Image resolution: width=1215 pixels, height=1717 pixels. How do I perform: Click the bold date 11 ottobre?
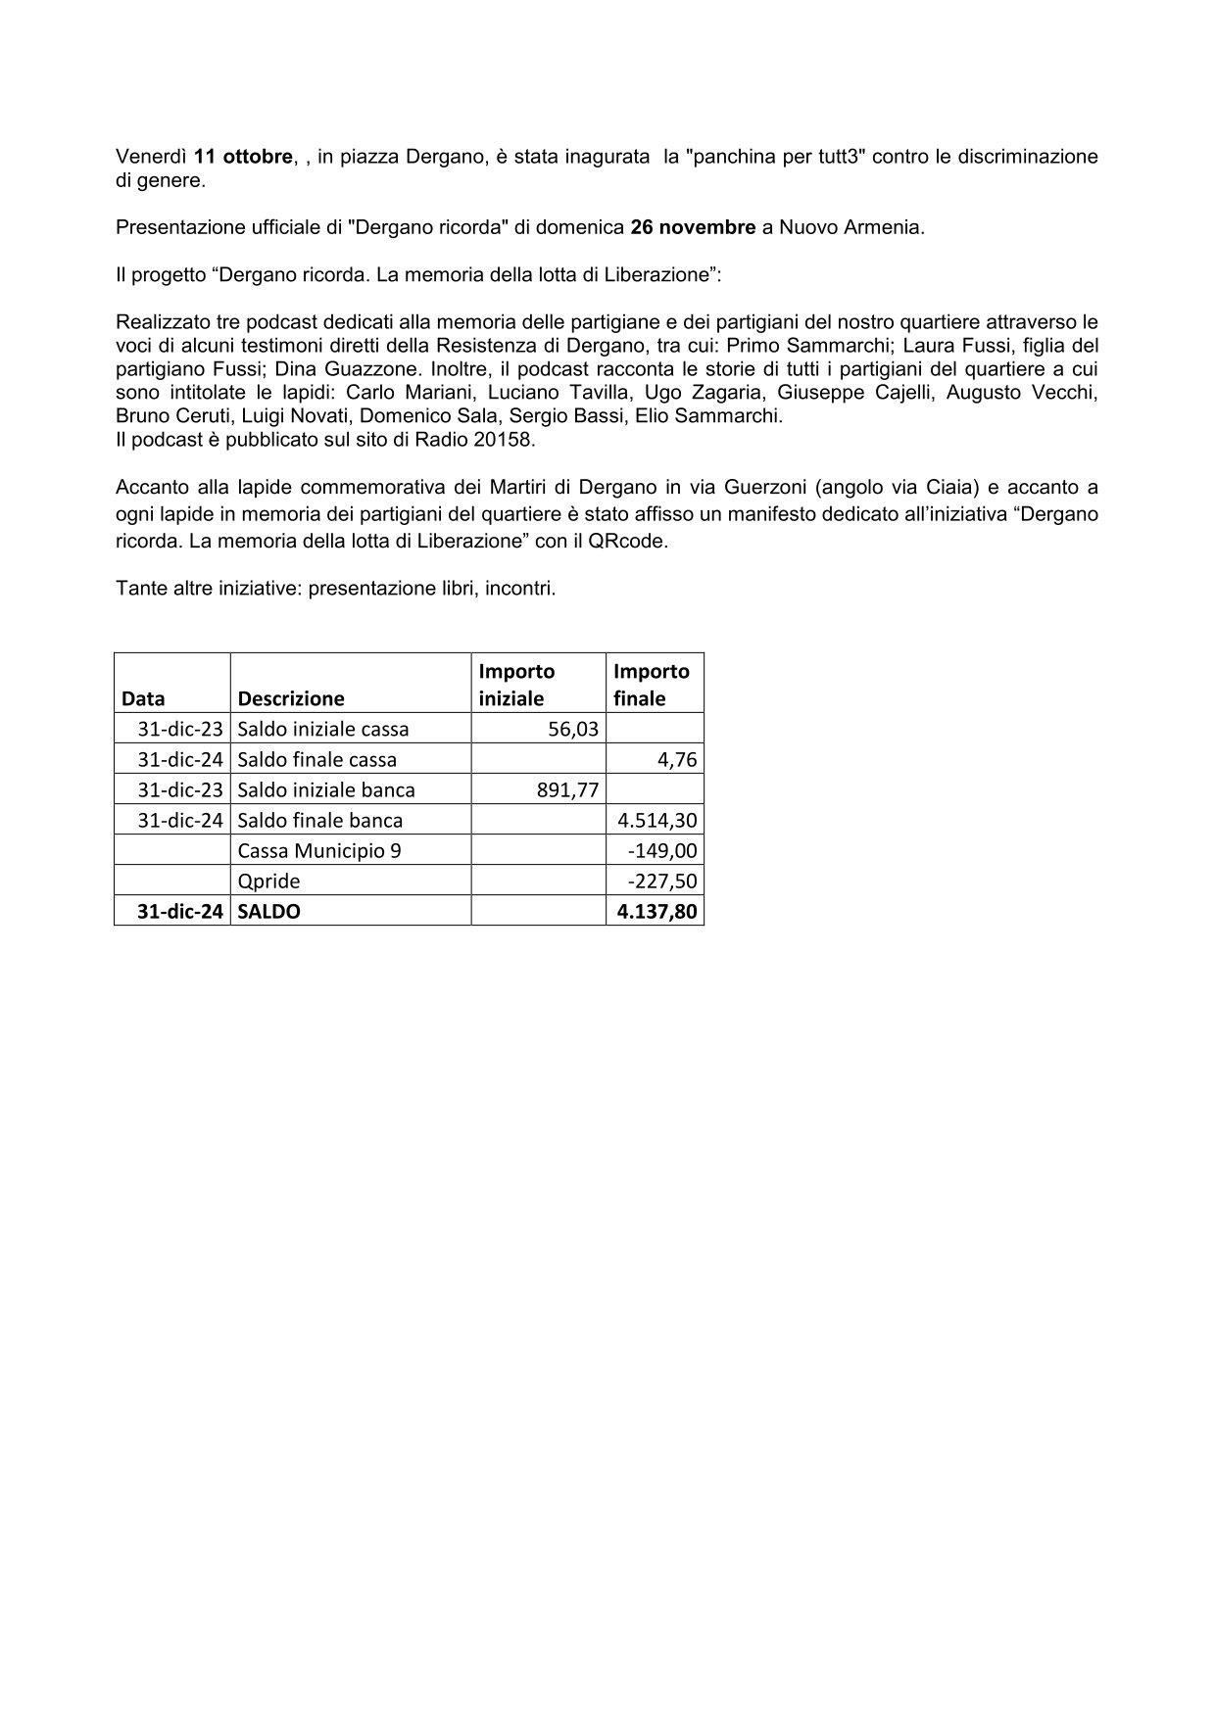click(243, 157)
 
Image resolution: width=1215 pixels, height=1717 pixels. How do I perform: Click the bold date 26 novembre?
click(693, 227)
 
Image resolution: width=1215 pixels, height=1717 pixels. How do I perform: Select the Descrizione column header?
click(291, 698)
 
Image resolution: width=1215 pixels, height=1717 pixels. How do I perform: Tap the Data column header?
click(143, 698)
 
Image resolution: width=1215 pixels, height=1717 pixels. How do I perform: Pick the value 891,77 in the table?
click(567, 789)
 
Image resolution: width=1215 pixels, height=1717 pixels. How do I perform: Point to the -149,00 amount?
click(662, 850)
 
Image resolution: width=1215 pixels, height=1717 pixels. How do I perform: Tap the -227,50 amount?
click(662, 881)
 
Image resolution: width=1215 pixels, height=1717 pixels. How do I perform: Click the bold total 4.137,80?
click(656, 911)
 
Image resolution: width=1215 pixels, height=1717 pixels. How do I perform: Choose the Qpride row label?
click(268, 881)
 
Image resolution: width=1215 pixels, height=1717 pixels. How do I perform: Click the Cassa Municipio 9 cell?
click(318, 850)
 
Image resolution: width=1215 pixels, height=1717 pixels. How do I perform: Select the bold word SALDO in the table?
click(268, 911)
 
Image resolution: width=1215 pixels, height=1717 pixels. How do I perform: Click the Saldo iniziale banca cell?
click(326, 789)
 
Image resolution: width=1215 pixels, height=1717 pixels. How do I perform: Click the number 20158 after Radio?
click(506, 439)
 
